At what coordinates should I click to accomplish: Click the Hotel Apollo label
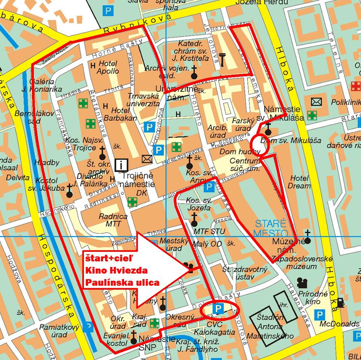[x=108, y=67]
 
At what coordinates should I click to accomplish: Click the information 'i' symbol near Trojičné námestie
[x=122, y=164]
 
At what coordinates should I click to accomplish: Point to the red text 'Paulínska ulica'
[x=122, y=282]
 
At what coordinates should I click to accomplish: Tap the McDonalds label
[x=340, y=324]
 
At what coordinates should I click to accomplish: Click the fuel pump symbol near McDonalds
[x=340, y=302]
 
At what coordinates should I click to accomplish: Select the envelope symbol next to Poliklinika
[x=317, y=101]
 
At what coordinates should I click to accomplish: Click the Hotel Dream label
[x=299, y=182]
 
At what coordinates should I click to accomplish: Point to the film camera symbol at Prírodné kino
[x=302, y=282]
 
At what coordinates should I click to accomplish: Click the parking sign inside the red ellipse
[x=218, y=309]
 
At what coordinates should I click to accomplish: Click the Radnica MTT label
[x=113, y=220]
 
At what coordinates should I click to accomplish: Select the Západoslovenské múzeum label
[x=301, y=263]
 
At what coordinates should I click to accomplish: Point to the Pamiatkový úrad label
[x=59, y=331]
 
